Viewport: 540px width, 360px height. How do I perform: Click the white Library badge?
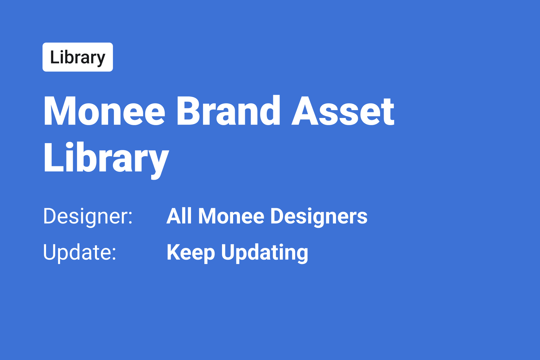tap(78, 57)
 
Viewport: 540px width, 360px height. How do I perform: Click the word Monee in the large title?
tap(104, 111)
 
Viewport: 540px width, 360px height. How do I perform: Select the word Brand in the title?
tap(229, 110)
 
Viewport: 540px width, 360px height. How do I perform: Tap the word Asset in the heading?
tap(343, 111)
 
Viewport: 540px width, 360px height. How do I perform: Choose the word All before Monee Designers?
tap(179, 216)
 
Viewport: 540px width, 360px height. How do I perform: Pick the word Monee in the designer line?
tap(231, 216)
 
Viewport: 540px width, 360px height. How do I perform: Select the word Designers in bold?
tap(319, 217)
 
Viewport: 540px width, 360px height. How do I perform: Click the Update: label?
tap(80, 253)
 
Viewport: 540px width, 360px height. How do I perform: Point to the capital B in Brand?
tap(189, 111)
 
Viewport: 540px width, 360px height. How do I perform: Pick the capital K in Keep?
tap(174, 252)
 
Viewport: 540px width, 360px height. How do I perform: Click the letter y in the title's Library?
tap(157, 164)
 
